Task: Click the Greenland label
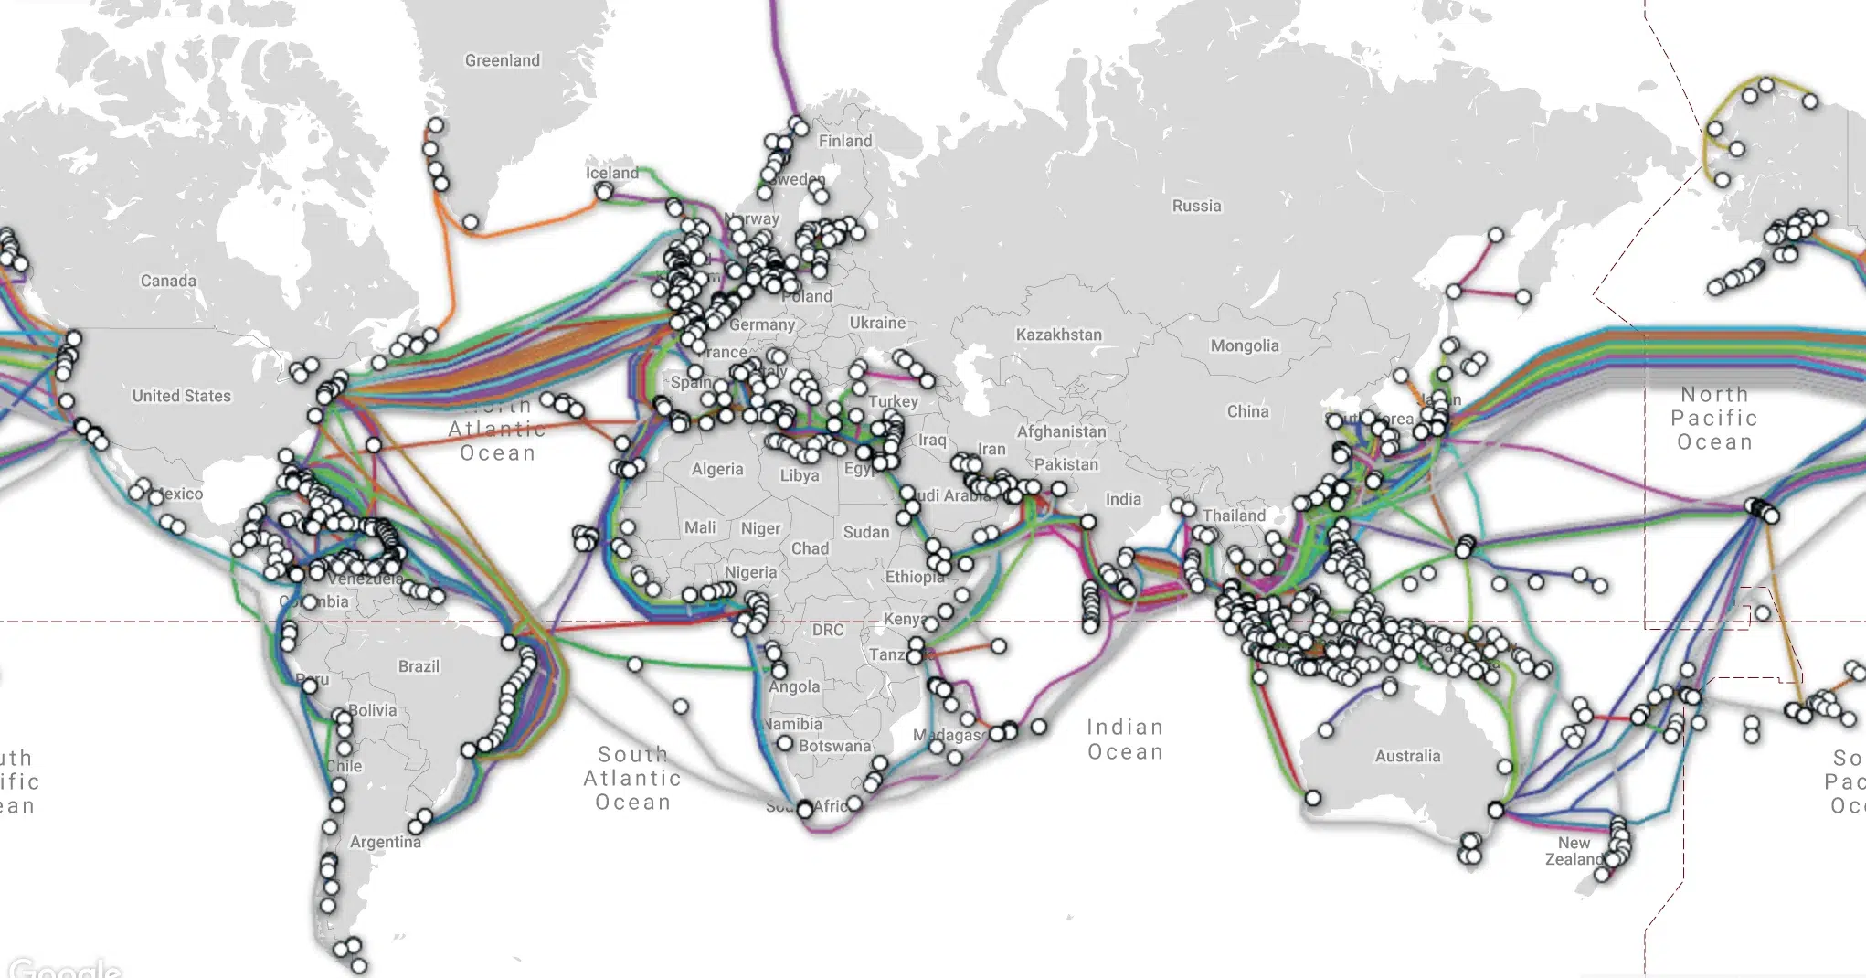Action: [502, 60]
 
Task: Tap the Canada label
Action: [168, 281]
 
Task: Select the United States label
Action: [181, 396]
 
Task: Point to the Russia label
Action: [1196, 206]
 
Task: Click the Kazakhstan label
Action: [1058, 335]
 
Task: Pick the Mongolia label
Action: [1244, 345]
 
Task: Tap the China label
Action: [1247, 411]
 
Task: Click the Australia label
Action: [1407, 756]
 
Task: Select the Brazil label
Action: [419, 666]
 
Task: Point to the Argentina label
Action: [385, 842]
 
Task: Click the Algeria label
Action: [717, 469]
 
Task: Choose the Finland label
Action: [844, 141]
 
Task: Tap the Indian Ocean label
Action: [1125, 739]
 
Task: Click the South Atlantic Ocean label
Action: [632, 778]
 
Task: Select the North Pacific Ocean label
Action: [1713, 418]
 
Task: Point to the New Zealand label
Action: [1574, 851]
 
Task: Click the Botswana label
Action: [834, 746]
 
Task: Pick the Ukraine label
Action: [876, 323]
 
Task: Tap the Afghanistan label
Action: [1061, 431]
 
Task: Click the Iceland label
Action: [612, 173]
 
